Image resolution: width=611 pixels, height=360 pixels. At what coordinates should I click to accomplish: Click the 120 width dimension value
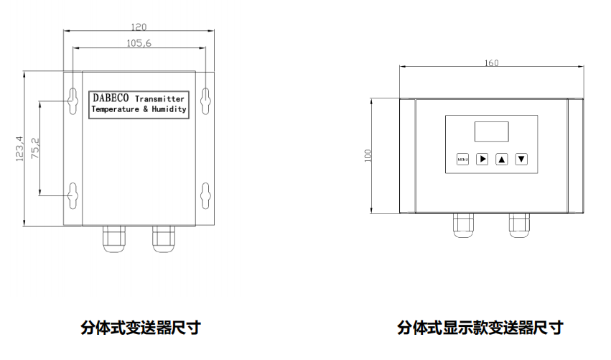click(139, 27)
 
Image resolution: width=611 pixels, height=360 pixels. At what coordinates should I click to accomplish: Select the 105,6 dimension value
click(139, 43)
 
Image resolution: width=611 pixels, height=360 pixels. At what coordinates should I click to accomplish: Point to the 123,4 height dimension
click(19, 147)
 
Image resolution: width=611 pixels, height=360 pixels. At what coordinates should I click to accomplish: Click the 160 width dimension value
click(491, 63)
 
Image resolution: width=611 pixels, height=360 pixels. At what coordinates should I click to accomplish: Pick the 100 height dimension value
click(368, 156)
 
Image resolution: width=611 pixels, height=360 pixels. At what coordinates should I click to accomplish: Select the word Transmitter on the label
click(159, 98)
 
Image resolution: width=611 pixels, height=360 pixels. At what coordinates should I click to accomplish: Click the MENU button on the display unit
click(462, 159)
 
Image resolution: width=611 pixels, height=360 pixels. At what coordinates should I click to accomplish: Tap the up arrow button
click(502, 159)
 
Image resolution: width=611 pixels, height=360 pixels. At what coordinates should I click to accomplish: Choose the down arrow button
click(521, 159)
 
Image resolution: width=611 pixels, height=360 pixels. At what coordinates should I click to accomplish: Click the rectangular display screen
click(491, 131)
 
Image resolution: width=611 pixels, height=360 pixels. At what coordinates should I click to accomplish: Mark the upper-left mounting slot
click(73, 99)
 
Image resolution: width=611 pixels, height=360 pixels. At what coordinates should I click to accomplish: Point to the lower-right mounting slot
click(205, 195)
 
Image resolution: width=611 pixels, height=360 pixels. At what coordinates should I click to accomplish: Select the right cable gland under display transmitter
click(518, 225)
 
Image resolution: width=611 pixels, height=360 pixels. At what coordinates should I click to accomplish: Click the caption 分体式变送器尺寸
click(140, 328)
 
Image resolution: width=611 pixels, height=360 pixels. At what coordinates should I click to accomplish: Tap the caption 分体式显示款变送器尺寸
click(480, 328)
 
